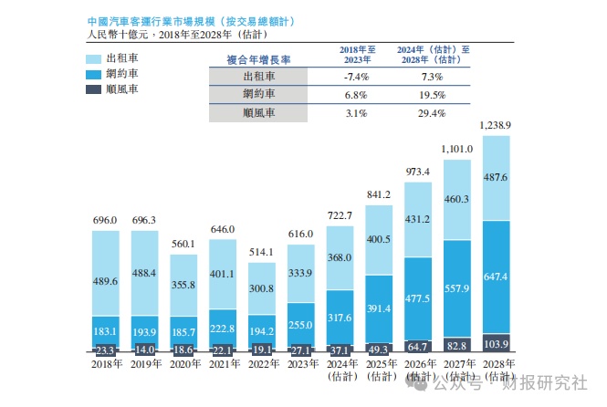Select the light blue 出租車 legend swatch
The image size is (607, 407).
[x=98, y=58]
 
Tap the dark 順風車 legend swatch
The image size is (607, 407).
[x=98, y=89]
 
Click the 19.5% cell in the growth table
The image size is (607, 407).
[x=434, y=95]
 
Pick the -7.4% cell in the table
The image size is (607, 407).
[x=356, y=77]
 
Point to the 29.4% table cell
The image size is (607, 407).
[x=434, y=113]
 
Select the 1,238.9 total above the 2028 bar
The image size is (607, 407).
[x=508, y=124]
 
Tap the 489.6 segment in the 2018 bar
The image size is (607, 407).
[x=105, y=284]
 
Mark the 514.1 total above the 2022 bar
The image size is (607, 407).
[x=261, y=251]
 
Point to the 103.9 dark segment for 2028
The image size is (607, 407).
[x=508, y=345]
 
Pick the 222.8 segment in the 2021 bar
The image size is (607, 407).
[x=222, y=328]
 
